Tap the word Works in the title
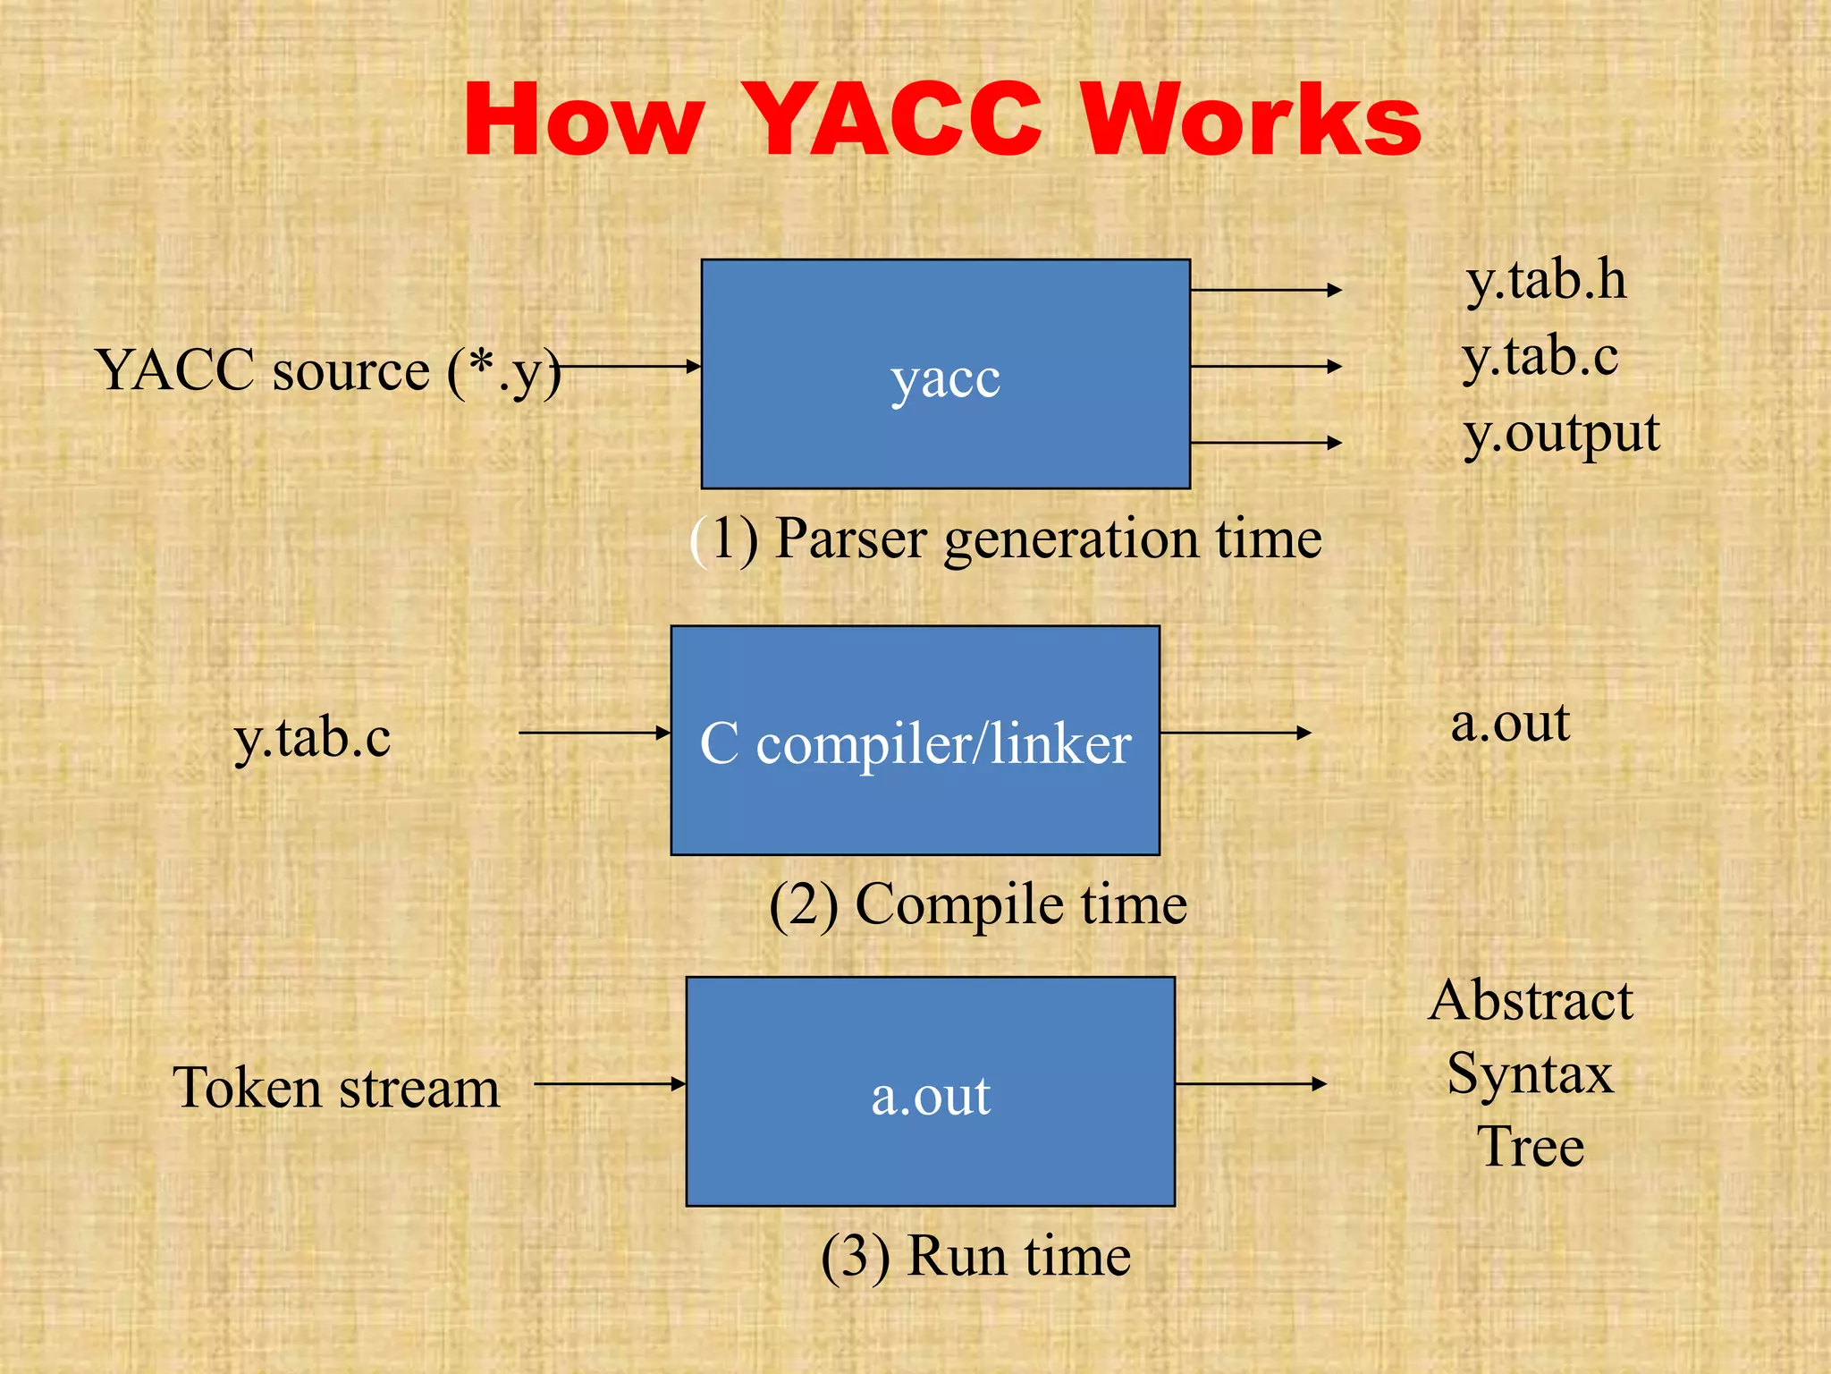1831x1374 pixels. tap(1252, 121)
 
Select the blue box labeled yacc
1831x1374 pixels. tap(945, 374)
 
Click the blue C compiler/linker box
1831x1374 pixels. tap(915, 740)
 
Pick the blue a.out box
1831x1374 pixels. tap(930, 1091)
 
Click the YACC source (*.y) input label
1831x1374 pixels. tap(328, 370)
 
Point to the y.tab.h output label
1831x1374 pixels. tap(1546, 280)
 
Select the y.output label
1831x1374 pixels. tap(1561, 434)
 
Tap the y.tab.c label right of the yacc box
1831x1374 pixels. tap(1540, 357)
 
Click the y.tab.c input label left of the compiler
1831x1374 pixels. tap(312, 739)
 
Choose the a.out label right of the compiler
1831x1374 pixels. tap(1510, 723)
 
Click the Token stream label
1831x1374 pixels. tap(336, 1089)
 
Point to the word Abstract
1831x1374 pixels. tap(1531, 1000)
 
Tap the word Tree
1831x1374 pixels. tap(1531, 1147)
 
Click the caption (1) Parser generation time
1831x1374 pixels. tap(1006, 539)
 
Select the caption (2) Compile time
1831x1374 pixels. tap(978, 904)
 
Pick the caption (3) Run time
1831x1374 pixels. tap(975, 1256)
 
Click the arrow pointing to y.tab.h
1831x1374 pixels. tap(1266, 290)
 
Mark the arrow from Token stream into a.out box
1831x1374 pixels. tap(610, 1083)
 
